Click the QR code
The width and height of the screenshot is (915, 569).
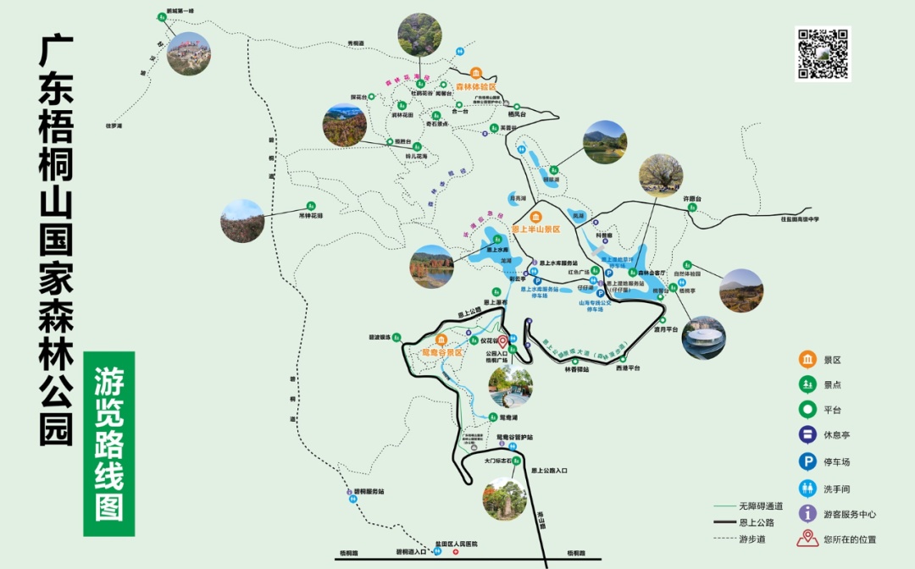(823, 54)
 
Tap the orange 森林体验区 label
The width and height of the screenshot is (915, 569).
(475, 86)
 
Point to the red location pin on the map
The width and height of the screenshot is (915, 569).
(501, 343)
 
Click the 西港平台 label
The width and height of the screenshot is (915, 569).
(628, 368)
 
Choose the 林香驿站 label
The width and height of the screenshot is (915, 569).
(578, 369)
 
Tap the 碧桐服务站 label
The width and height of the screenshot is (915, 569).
(369, 491)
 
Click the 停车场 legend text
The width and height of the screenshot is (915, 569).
(836, 461)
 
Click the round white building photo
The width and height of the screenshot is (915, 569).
(703, 338)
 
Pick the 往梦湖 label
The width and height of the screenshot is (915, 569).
(115, 125)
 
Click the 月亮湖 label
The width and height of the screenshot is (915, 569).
(517, 198)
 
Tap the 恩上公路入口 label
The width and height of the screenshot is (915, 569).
(549, 470)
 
